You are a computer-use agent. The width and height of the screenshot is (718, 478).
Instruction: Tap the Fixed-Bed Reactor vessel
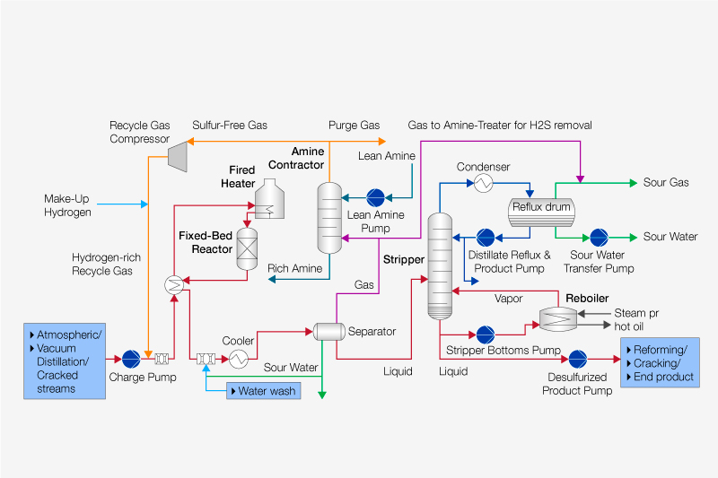[x=246, y=249]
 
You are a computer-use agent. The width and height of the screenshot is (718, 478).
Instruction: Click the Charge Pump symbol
[x=131, y=359]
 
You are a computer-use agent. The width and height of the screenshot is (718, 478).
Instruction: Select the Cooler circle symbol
[x=238, y=359]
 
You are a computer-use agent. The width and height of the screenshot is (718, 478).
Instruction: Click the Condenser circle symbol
[x=483, y=183]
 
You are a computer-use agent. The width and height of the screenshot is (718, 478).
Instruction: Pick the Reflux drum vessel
[x=540, y=208]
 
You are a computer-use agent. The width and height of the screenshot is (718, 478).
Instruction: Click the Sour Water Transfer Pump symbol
[x=599, y=237]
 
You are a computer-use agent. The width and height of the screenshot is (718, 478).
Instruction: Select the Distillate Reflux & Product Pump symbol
[x=486, y=237]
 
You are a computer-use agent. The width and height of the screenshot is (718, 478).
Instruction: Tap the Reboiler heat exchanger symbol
[x=558, y=316]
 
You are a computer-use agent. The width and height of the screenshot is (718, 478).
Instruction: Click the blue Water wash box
[x=263, y=391]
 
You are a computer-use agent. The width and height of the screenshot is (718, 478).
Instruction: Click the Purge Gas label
[x=354, y=126]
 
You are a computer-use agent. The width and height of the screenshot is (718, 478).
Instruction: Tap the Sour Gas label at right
[x=666, y=183]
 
